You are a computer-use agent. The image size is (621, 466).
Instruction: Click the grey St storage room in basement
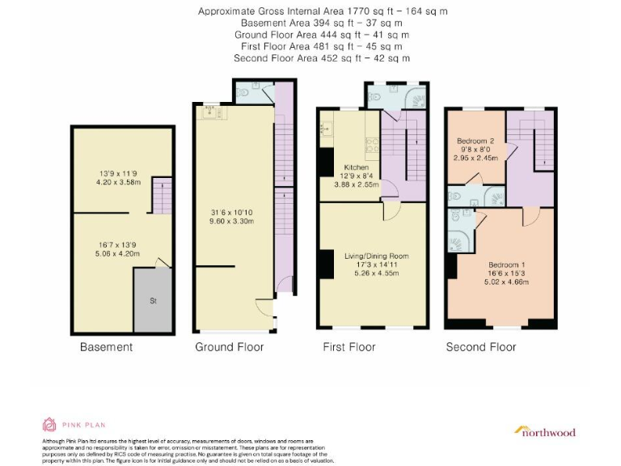(153, 300)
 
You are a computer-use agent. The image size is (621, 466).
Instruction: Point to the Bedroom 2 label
(476, 141)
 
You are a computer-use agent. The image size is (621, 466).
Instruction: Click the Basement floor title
(106, 347)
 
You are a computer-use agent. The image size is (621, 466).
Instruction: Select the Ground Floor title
(229, 347)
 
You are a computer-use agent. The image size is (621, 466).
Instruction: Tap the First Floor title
(349, 347)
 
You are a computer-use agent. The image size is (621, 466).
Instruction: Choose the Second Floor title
(480, 347)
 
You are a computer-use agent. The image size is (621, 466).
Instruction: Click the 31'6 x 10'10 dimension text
(231, 213)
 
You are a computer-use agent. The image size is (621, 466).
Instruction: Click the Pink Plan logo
(74, 424)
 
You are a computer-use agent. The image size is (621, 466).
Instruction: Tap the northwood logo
(545, 431)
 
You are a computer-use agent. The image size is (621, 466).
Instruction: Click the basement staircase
(163, 196)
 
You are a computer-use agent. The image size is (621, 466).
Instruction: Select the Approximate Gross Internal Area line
(322, 11)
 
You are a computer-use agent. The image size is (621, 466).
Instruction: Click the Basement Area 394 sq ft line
(322, 23)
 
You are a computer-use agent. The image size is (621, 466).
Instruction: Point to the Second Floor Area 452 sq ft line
(322, 58)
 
